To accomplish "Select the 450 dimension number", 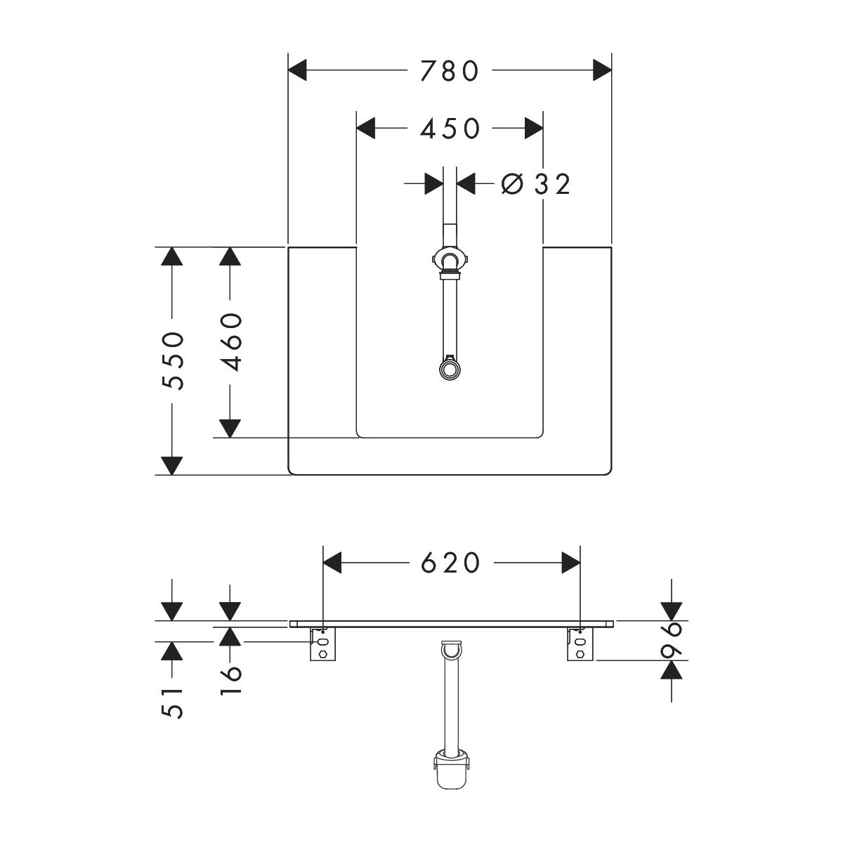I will coord(450,129).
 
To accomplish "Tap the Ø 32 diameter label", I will coord(535,184).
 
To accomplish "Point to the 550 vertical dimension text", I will coord(172,361).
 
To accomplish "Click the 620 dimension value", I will coord(450,563).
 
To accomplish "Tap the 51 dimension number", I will coord(172,701).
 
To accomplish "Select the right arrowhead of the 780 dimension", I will coord(601,70).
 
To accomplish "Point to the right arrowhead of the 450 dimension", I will coord(533,129).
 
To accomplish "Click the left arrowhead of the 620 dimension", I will coord(332,563).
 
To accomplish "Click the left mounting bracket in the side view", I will coord(323,644).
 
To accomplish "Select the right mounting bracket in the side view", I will coord(580,644).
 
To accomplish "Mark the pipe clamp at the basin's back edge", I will coord(448,261).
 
